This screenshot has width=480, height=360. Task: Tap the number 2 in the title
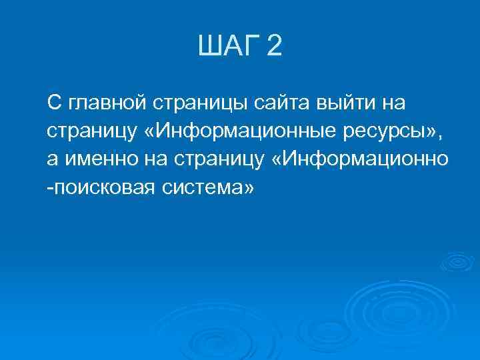[274, 47]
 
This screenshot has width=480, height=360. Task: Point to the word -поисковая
[99, 189]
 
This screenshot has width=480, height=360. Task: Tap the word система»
[209, 189]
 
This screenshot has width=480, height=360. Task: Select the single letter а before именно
[52, 161]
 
